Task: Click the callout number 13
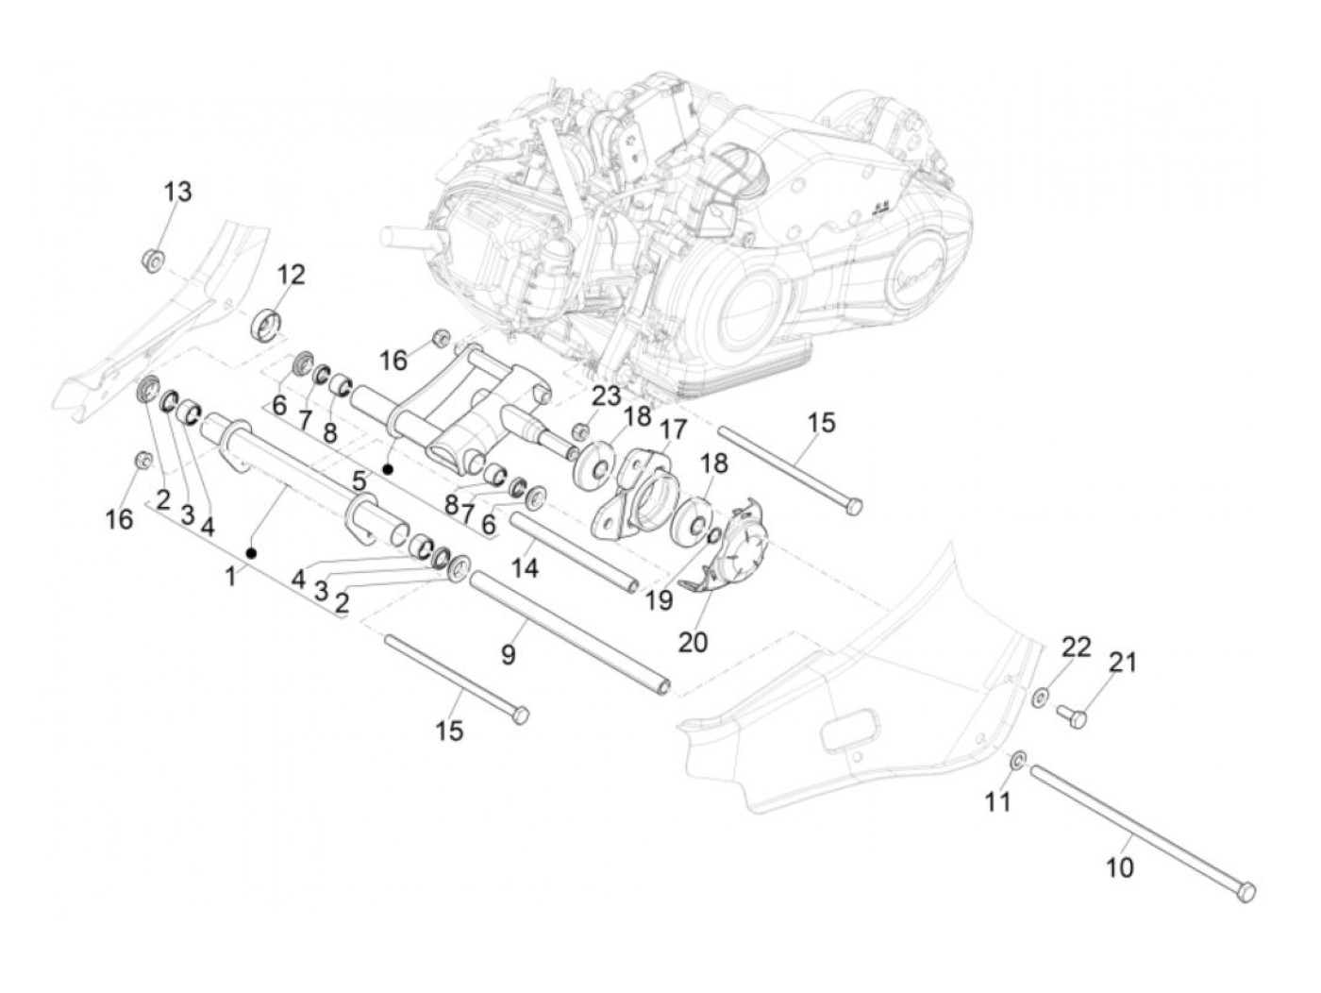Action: pyautogui.click(x=177, y=192)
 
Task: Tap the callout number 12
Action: pyautogui.click(x=292, y=275)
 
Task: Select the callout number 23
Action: pyautogui.click(x=607, y=396)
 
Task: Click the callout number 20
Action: pyautogui.click(x=692, y=642)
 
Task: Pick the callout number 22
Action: pyautogui.click(x=1077, y=647)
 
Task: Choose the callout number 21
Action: pyautogui.click(x=1122, y=663)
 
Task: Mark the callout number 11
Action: pyautogui.click(x=997, y=801)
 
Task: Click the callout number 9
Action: pyautogui.click(x=509, y=654)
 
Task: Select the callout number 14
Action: pyautogui.click(x=525, y=568)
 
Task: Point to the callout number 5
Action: pyautogui.click(x=360, y=480)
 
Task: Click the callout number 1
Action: pyautogui.click(x=230, y=576)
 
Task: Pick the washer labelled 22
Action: pyautogui.click(x=1040, y=698)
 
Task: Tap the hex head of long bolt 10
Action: pyautogui.click(x=1247, y=890)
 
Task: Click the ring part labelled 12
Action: pyautogui.click(x=267, y=324)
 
